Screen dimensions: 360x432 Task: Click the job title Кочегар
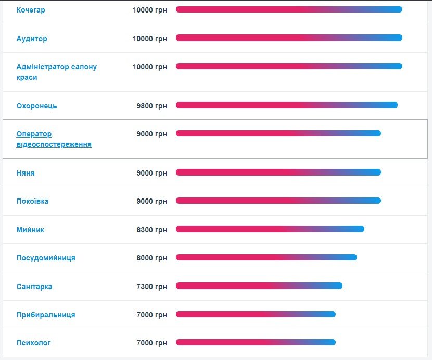(31, 10)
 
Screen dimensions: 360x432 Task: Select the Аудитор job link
(32, 39)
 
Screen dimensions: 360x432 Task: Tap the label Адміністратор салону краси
(56, 72)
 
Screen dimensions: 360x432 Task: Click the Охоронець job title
(36, 106)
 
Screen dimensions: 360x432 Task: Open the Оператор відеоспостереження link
(54, 139)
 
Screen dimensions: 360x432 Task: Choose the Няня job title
(26, 173)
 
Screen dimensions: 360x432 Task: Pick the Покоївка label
(32, 201)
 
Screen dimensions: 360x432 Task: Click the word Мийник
(30, 230)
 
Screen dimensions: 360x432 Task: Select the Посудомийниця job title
(46, 258)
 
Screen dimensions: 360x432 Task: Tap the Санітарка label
(34, 287)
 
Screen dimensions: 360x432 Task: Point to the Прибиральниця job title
(46, 315)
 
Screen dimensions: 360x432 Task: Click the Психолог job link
(34, 343)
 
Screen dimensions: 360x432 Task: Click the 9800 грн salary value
(151, 106)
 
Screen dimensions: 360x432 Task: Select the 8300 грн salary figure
(151, 230)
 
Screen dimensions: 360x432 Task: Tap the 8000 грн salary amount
(151, 258)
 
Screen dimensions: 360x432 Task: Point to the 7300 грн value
(151, 287)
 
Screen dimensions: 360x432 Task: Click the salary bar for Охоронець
(286, 105)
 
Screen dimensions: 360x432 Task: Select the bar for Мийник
(270, 229)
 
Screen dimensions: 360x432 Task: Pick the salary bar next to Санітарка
(259, 285)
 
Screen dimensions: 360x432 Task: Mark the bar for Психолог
(256, 342)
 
